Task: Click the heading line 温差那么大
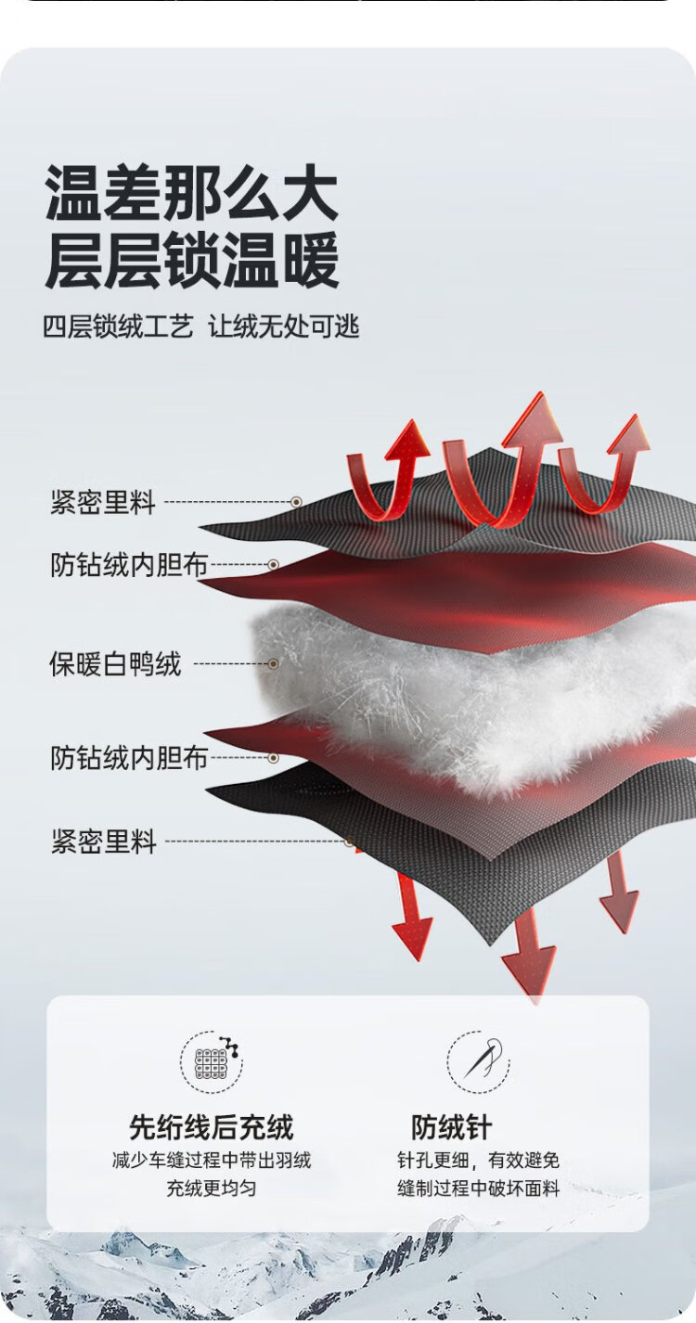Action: [x=192, y=194]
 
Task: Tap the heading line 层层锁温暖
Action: [x=192, y=261]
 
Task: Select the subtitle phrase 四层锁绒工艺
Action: [x=118, y=327]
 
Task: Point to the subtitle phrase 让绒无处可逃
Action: [x=283, y=327]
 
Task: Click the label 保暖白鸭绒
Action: [x=115, y=664]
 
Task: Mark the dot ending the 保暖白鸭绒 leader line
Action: [x=273, y=664]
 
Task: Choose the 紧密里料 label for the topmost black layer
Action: [x=102, y=503]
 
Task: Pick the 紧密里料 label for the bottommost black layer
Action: [x=102, y=842]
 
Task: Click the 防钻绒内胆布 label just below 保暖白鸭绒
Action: [x=129, y=758]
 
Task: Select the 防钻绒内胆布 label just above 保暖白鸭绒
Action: [x=129, y=564]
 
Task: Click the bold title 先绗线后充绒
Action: [x=211, y=1127]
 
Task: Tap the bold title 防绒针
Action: [x=451, y=1127]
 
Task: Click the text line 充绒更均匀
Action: [x=211, y=1188]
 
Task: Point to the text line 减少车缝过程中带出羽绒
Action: [x=211, y=1161]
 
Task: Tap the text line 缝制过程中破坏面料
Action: [x=478, y=1188]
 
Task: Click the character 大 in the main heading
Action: [x=310, y=194]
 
